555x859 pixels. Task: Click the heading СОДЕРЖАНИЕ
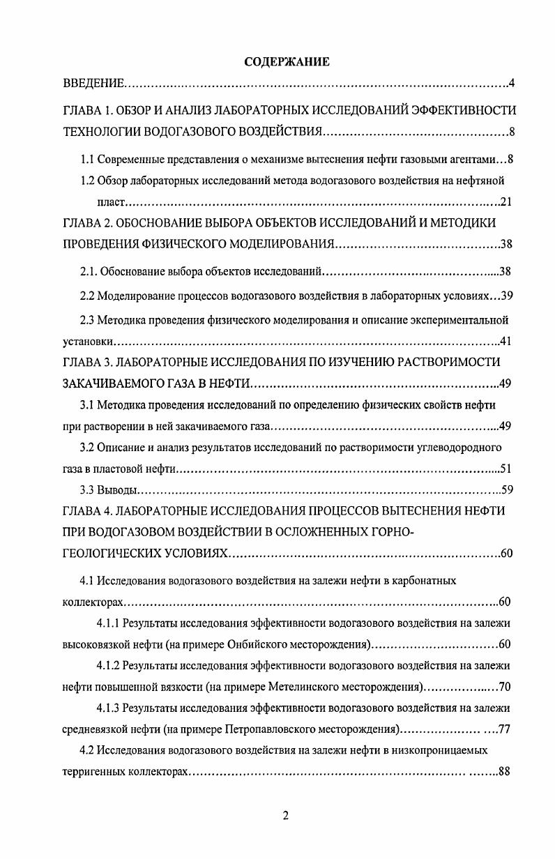coord(287,62)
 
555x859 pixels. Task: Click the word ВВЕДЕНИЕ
coord(93,85)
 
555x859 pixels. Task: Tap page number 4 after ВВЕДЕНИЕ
coord(511,85)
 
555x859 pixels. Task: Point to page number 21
coord(507,203)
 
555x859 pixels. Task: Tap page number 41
coord(507,342)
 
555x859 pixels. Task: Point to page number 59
coord(507,489)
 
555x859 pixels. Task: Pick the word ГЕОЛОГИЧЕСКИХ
coord(109,554)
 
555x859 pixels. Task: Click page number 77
coord(507,730)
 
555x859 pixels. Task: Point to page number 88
coord(507,773)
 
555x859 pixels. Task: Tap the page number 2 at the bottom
coord(286,816)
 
